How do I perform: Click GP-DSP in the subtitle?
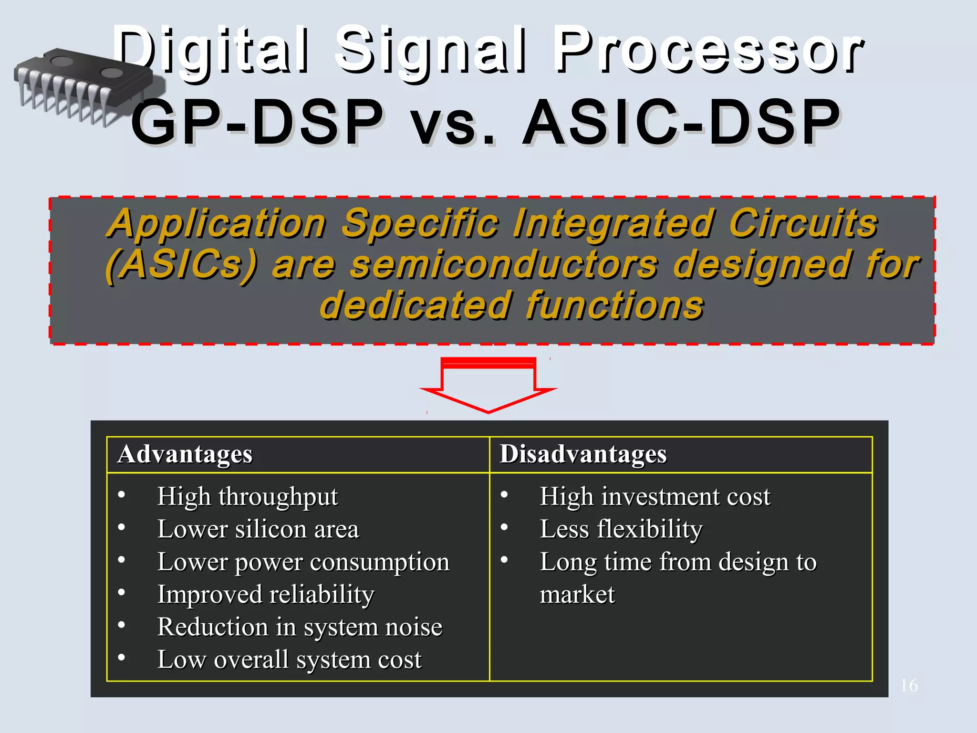click(258, 123)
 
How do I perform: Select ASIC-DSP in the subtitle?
click(681, 123)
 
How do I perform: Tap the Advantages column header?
click(185, 454)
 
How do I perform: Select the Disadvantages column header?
click(583, 454)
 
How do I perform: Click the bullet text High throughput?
click(247, 497)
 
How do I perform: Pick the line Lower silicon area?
click(258, 529)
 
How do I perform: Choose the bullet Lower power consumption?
click(303, 562)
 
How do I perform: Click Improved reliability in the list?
click(266, 595)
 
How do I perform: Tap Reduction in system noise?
click(300, 627)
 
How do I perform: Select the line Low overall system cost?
click(289, 660)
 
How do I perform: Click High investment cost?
click(655, 497)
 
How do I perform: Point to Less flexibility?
click(621, 529)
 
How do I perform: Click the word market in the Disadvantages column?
click(577, 595)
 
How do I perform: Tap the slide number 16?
click(909, 686)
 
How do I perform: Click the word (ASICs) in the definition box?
click(181, 265)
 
